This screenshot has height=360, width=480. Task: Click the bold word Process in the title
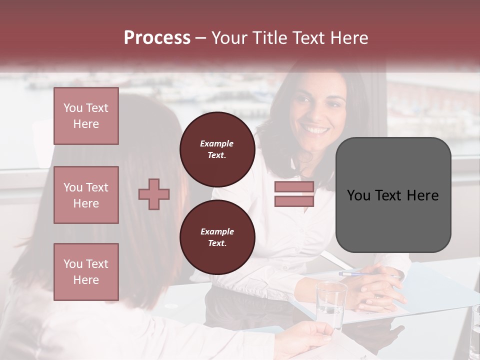(x=157, y=38)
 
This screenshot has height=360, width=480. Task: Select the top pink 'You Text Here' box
(x=86, y=116)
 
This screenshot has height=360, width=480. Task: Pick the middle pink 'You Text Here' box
(x=86, y=195)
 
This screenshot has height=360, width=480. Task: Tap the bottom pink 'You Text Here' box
(x=86, y=272)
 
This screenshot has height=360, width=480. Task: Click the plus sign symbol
(x=154, y=194)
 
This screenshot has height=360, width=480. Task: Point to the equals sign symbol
(x=294, y=194)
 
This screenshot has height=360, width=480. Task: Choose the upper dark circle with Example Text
(x=217, y=149)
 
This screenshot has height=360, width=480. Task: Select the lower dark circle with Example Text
(x=217, y=237)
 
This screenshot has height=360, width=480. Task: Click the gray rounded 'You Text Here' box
(x=393, y=195)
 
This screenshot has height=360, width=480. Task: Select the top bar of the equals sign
(x=294, y=187)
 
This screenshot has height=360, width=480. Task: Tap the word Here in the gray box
(x=422, y=195)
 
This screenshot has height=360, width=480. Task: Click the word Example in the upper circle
(x=217, y=143)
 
